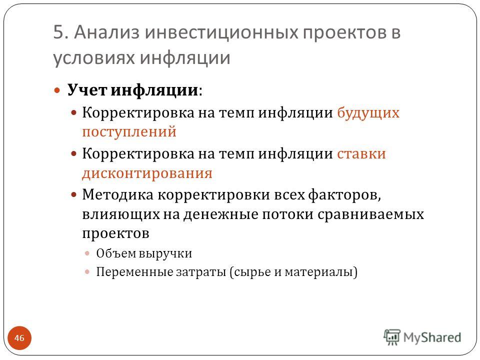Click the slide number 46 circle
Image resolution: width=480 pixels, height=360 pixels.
tap(19, 338)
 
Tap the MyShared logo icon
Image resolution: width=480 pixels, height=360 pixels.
tap(392, 337)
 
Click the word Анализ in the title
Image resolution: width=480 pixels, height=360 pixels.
tap(107, 32)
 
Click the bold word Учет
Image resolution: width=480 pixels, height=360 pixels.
tap(87, 90)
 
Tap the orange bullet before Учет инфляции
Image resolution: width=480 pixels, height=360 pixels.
tap(57, 90)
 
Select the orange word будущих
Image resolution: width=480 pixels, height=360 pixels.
tap(368, 113)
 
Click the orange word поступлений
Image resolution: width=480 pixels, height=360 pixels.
tap(129, 132)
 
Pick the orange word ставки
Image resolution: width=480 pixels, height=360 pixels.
tap(361, 153)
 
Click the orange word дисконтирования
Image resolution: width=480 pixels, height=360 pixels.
tap(147, 173)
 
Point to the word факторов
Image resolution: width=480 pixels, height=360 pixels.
tap(344, 195)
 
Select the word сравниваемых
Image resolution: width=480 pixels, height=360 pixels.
tap(370, 214)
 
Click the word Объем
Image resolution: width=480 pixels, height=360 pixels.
tap(115, 253)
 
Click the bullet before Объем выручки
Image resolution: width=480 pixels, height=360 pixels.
tap(87, 253)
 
